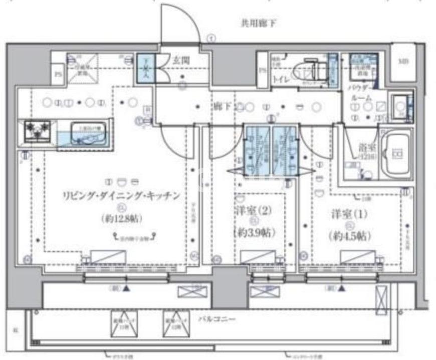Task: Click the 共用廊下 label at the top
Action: click(259, 23)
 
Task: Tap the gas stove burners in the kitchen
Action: click(35, 132)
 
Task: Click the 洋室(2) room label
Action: click(253, 212)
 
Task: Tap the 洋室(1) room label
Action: click(349, 213)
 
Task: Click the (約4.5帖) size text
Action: click(350, 235)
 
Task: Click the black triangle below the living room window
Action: click(127, 289)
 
